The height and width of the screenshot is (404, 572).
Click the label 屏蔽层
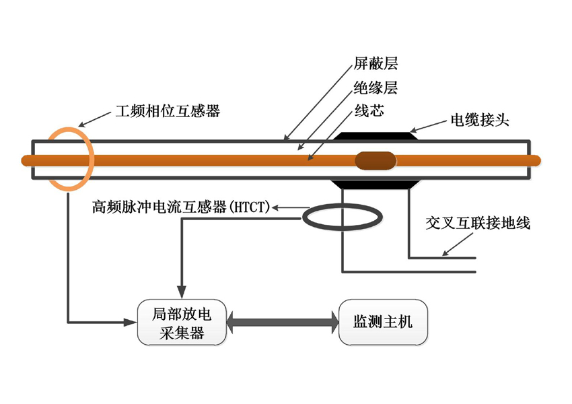pos(376,64)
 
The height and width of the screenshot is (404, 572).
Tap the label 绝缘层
pos(376,88)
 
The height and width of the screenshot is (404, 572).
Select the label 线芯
pos(369,110)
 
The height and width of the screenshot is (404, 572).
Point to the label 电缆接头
pos(480,121)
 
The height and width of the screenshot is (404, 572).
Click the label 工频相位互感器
pos(168,111)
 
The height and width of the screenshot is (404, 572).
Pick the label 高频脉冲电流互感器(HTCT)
pos(180,207)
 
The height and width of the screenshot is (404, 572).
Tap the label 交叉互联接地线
pos(478,223)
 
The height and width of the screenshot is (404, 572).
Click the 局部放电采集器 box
pos(181,322)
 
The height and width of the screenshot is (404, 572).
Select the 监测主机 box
pos(383,322)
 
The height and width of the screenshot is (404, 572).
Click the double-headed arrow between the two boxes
pos(282,322)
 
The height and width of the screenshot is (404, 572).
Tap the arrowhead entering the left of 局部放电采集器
pos(131,321)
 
